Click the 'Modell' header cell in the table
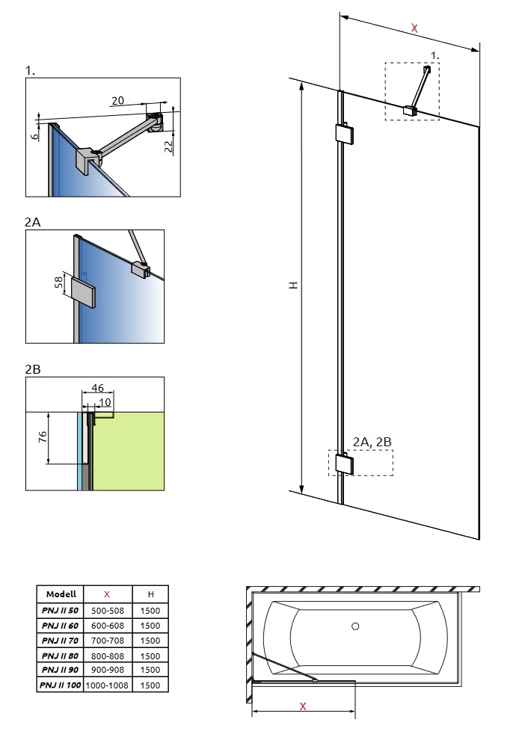click(60, 594)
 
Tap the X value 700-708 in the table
click(107, 641)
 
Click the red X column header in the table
click(107, 594)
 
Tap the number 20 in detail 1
click(117, 100)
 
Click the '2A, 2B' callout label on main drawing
click(372, 443)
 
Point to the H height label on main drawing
click(294, 286)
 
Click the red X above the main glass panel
click(414, 28)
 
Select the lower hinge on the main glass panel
click(346, 464)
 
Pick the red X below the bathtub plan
click(302, 706)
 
